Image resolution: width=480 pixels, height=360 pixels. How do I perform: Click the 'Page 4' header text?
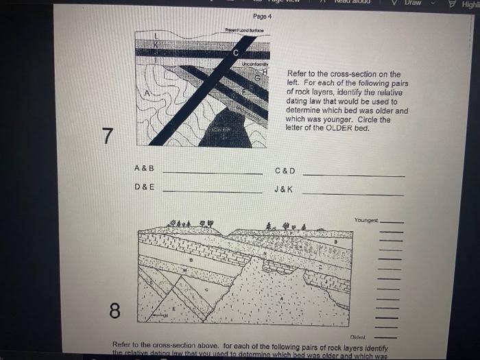pyautogui.click(x=262, y=16)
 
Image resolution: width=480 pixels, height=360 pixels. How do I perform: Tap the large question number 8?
pyautogui.click(x=114, y=311)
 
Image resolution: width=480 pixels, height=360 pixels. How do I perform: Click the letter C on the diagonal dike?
pyautogui.click(x=235, y=53)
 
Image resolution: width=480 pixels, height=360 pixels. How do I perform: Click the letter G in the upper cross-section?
pyautogui.click(x=257, y=79)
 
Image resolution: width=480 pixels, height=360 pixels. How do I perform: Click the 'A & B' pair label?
pyautogui.click(x=144, y=168)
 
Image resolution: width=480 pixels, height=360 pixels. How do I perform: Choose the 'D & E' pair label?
pyautogui.click(x=144, y=187)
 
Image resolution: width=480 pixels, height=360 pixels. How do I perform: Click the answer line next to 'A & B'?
pyautogui.click(x=212, y=173)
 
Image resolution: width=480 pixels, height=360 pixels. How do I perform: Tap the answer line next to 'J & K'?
pyautogui.click(x=352, y=194)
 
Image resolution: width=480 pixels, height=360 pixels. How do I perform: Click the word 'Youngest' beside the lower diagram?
pyautogui.click(x=365, y=220)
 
